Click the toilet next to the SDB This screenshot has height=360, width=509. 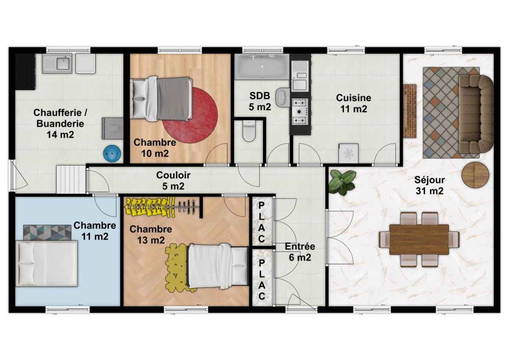(249, 131)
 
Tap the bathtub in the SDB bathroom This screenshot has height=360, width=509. (261, 67)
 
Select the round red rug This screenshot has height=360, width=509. (190, 115)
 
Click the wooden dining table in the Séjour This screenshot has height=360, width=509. (419, 239)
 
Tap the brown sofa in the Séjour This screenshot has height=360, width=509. (475, 113)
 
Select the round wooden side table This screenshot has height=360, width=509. (475, 175)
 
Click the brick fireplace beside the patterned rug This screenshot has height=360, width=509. (410, 111)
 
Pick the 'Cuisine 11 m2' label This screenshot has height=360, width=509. (354, 103)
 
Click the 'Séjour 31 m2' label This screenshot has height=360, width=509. (430, 185)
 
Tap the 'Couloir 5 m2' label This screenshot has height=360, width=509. (174, 180)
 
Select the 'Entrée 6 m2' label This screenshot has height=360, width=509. (300, 252)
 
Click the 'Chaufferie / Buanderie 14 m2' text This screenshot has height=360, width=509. (61, 124)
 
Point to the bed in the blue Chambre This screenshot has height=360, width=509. (47, 263)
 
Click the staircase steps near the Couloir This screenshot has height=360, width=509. (71, 179)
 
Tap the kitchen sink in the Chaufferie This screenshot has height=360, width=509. (57, 64)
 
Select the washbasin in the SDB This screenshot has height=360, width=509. (282, 97)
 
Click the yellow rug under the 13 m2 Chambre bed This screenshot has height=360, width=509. (177, 267)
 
